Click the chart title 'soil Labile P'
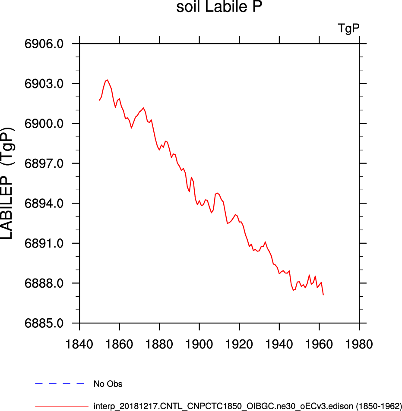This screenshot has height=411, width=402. point(219,6)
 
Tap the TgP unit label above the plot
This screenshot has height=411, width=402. point(348,28)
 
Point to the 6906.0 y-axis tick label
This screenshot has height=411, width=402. point(44,44)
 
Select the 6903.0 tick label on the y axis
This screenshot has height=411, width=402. point(44,84)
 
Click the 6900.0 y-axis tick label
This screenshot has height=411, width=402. point(44,123)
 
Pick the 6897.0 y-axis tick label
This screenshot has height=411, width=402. point(44,163)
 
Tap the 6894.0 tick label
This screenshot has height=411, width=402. point(44,204)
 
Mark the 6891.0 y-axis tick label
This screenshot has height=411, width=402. point(44,244)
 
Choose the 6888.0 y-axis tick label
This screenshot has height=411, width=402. point(44,283)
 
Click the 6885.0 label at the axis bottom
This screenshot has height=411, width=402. point(44,323)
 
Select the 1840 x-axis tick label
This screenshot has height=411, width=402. point(79,344)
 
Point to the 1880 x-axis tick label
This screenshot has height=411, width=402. point(159,344)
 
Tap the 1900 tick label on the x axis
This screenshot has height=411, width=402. point(199,344)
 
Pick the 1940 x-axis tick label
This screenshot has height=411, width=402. point(279,344)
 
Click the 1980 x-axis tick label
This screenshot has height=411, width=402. point(359,344)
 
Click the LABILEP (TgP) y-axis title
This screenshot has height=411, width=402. point(7,183)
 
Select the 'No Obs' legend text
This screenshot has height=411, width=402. point(108,384)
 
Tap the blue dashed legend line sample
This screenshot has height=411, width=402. point(60,384)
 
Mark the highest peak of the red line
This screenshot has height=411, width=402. point(107,80)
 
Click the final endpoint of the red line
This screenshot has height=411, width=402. point(323,295)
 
